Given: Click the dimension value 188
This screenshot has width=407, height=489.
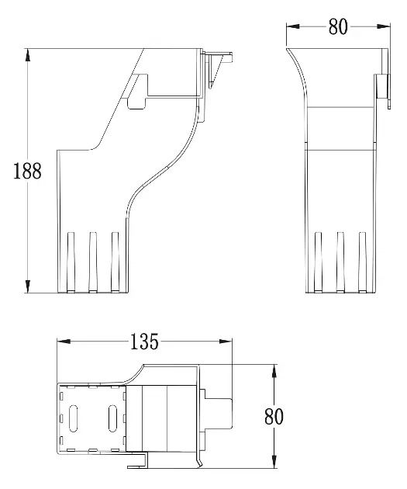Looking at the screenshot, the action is tap(27, 171).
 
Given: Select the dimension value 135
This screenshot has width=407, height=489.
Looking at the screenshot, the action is tap(144, 342).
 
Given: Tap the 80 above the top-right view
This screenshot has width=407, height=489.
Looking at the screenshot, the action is tap(338, 26).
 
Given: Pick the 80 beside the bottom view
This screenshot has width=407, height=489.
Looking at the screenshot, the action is tap(274, 416).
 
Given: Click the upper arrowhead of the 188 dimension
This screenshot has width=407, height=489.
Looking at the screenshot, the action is tap(28, 55).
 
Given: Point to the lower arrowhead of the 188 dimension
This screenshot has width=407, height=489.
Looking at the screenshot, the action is tap(28, 286).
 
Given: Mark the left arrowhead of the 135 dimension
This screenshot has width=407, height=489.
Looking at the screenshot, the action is tap(64, 342).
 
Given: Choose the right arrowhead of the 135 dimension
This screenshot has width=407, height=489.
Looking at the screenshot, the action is tap(226, 342).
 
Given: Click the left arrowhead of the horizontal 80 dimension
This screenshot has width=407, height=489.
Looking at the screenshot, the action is tap(293, 26).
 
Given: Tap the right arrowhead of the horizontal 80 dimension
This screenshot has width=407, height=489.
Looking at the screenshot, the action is tap(383, 26).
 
